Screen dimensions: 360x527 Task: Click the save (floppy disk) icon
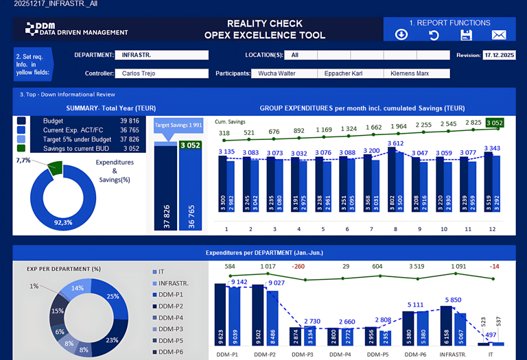pos(467,35)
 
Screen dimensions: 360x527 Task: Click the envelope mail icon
pos(499,35)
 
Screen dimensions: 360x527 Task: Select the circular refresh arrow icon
pos(434,35)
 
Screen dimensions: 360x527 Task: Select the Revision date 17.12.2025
pos(499,55)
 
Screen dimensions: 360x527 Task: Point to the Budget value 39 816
pos(129,121)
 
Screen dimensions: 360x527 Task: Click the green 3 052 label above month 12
pos(494,123)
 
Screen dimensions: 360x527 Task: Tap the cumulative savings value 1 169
pos(324,130)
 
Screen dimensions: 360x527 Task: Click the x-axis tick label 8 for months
pos(396,229)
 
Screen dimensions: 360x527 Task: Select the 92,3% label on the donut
pos(62,222)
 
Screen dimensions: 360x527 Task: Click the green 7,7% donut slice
pos(54,167)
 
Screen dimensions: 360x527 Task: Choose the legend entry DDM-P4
pos(169,317)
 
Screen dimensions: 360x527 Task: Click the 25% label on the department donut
pos(113,296)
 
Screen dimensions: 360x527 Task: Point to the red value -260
pos(297,266)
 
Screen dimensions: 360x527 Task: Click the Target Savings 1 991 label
pos(177,125)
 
